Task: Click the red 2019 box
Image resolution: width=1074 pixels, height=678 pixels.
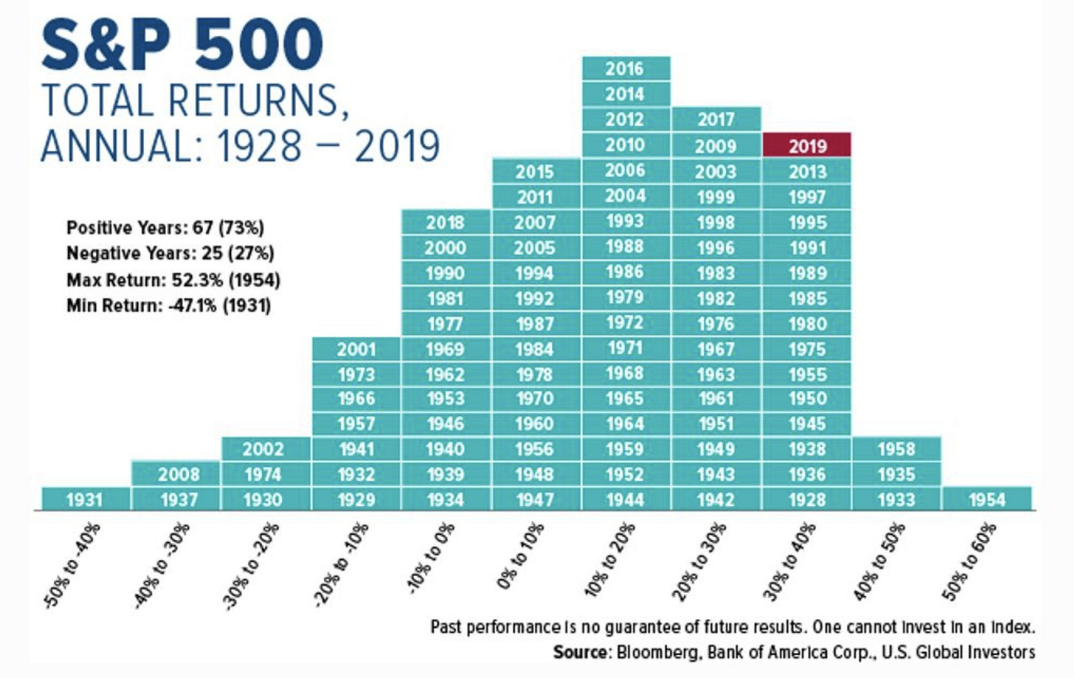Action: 807,145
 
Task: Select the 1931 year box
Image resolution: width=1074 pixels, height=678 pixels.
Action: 85,499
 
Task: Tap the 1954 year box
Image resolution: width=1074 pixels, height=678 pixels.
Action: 987,499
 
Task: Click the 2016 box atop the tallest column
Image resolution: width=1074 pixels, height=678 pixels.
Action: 626,69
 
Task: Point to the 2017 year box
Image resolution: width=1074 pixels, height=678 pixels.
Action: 716,120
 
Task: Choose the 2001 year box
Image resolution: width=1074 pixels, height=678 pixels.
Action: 356,349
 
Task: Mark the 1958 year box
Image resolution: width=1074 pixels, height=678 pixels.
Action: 896,449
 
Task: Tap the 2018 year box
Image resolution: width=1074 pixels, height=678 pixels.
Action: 446,222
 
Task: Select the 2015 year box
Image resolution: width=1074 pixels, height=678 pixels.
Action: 536,171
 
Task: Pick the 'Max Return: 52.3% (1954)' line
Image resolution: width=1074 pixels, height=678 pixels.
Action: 173,280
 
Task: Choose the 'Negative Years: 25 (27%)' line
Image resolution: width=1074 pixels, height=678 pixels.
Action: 170,254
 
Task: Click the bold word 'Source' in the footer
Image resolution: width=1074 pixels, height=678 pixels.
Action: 581,652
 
